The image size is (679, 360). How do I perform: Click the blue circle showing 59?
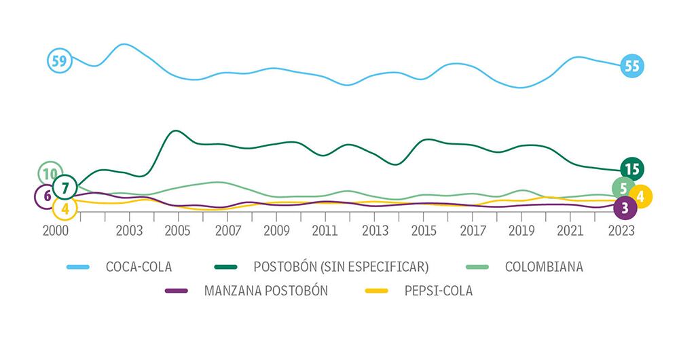(x=59, y=60)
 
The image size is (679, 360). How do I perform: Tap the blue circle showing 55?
(x=632, y=66)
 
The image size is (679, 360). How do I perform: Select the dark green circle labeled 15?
(x=632, y=168)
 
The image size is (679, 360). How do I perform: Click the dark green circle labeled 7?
(x=65, y=185)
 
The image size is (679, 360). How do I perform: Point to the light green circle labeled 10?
(x=49, y=174)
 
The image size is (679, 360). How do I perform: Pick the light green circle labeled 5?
(x=623, y=187)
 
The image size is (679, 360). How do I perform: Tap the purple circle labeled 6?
(x=46, y=196)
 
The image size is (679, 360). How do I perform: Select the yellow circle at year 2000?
(x=65, y=208)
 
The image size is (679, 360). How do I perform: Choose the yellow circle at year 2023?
(x=640, y=196)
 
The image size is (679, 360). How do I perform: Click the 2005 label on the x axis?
(x=178, y=230)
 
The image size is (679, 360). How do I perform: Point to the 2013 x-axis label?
(x=374, y=230)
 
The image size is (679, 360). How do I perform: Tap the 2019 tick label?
(x=522, y=230)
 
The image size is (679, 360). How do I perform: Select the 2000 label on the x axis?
(x=55, y=230)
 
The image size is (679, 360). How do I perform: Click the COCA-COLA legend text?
(x=138, y=267)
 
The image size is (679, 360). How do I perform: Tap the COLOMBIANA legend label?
(x=544, y=267)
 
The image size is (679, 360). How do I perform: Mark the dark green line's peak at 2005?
(x=175, y=131)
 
